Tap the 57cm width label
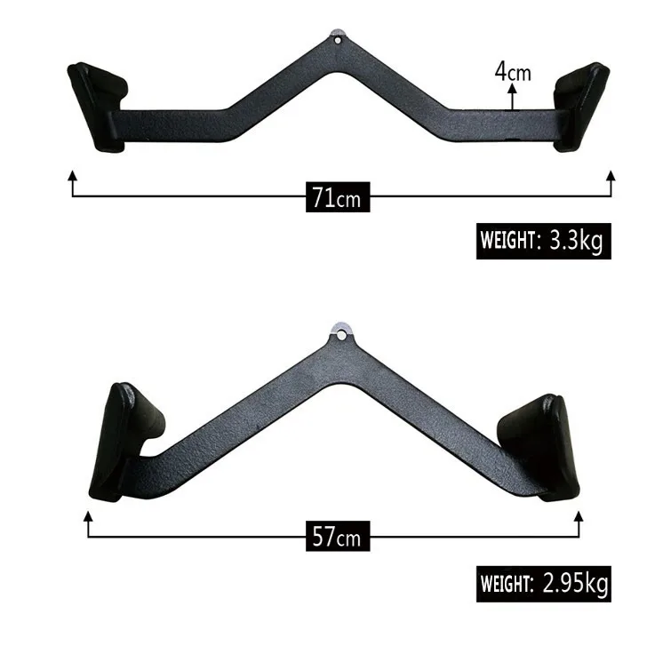point(335,537)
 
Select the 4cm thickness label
point(513,71)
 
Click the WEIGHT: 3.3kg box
point(544,241)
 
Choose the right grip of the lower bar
point(539,442)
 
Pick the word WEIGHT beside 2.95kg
point(505,585)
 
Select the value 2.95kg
point(574,584)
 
